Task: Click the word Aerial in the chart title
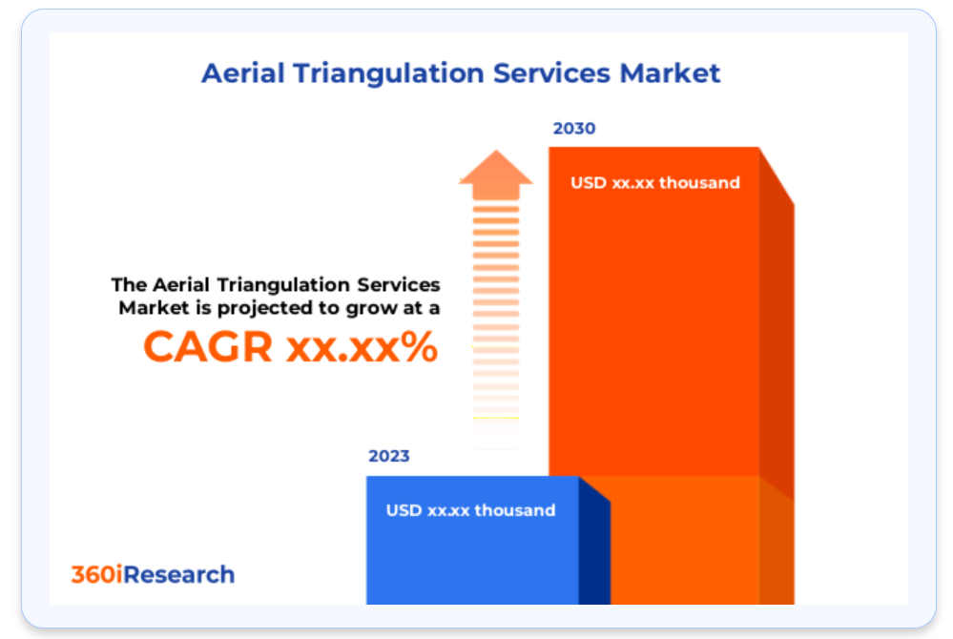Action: [x=243, y=72]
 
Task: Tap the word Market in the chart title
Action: [x=670, y=72]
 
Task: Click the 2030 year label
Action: [x=573, y=129]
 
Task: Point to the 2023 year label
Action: [x=389, y=456]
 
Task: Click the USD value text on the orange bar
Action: [x=655, y=183]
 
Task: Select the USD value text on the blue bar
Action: [x=470, y=510]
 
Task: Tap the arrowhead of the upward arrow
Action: [x=496, y=174]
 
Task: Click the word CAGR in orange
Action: [x=208, y=347]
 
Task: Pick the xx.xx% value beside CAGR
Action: [x=363, y=347]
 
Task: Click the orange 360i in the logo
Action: [x=96, y=574]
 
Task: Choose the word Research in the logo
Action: [x=178, y=574]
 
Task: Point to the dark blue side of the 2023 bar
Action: [x=594, y=540]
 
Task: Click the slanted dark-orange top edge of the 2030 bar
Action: [x=777, y=176]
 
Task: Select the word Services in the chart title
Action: [x=551, y=72]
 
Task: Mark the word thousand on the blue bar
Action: [x=515, y=510]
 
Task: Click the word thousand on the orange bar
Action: [x=699, y=183]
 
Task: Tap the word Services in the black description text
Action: [x=398, y=284]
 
